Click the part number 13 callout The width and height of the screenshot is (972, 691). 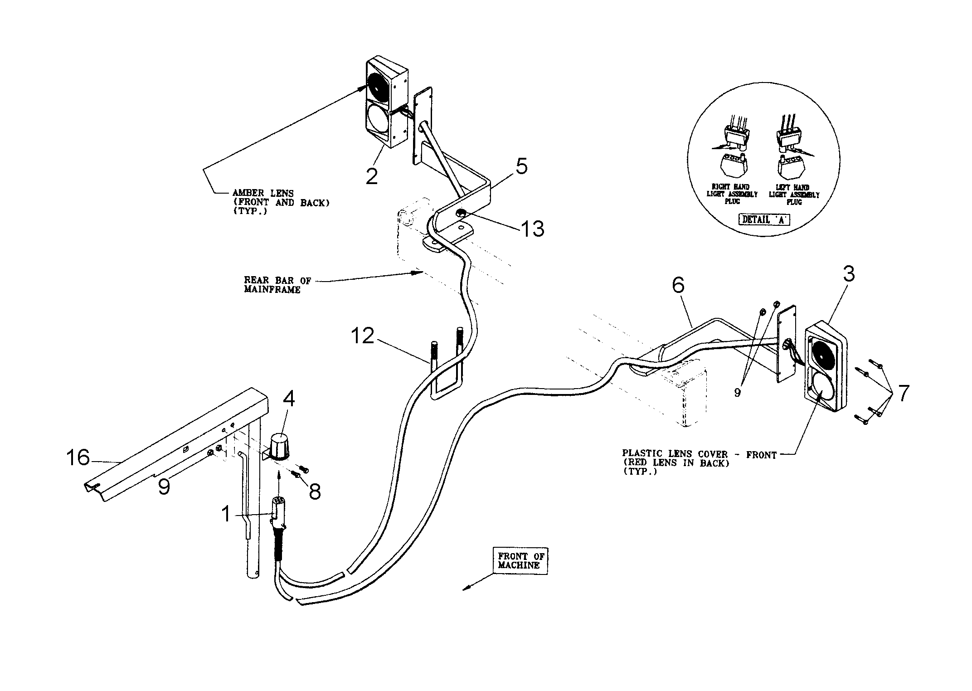point(532,229)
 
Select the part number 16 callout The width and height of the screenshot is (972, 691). point(78,457)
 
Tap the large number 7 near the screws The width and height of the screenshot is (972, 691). point(903,394)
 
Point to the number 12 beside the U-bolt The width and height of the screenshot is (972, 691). point(362,336)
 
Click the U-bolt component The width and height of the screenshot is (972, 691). point(447,372)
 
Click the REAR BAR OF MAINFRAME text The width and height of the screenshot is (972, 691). point(277,285)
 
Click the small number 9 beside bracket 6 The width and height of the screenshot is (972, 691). point(737,393)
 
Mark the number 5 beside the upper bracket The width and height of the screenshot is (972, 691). point(522,167)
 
